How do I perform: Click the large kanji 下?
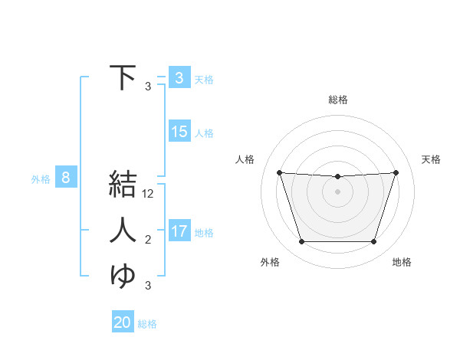[x=123, y=77]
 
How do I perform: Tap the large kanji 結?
[x=123, y=186]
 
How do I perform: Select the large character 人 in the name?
[x=123, y=231]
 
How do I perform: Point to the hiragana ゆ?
[x=123, y=275]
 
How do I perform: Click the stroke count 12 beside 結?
[x=149, y=195]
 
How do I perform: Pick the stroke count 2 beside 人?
[x=148, y=241]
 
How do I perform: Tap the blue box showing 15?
[x=179, y=132]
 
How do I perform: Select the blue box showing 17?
[x=179, y=231]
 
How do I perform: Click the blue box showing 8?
[x=66, y=178]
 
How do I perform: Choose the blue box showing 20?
[x=123, y=322]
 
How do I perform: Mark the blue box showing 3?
[x=179, y=77]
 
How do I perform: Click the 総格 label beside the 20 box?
[x=147, y=324]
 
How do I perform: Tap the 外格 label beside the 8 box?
[x=41, y=179]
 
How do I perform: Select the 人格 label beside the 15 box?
[x=204, y=133]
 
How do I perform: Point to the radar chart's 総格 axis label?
[x=338, y=100]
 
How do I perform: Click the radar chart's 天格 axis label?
[x=432, y=159]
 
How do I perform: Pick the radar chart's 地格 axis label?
[x=402, y=262]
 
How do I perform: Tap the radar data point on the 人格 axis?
[x=279, y=172]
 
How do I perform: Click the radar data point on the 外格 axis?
[x=301, y=242]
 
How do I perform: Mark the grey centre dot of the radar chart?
[x=337, y=191]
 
